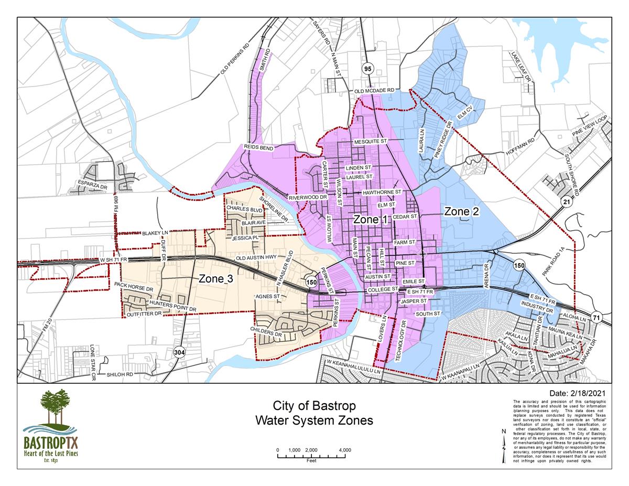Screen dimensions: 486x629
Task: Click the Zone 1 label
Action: (370, 220)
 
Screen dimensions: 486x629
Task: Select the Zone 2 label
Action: (461, 211)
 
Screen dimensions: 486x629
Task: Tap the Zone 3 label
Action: (215, 279)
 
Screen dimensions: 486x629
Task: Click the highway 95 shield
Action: (367, 68)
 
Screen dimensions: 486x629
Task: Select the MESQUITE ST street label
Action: (370, 142)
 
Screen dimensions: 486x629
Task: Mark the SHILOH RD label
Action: (121, 375)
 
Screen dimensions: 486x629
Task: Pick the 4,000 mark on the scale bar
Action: (345, 450)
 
